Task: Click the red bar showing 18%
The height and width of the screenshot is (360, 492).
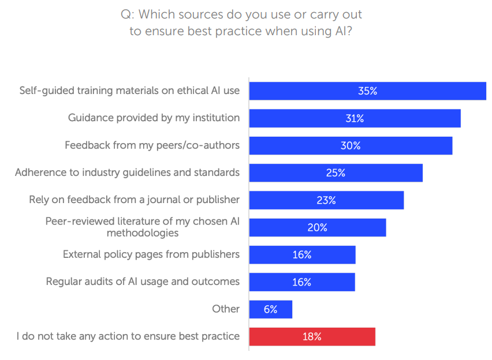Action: coord(312,337)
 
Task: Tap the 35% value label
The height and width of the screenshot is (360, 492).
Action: coord(367,91)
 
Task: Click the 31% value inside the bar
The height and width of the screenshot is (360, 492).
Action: coord(355,119)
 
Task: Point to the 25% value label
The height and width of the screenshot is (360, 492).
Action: coord(336,173)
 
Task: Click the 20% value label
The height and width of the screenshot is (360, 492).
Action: coord(317,228)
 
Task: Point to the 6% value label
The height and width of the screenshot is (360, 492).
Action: coord(270,309)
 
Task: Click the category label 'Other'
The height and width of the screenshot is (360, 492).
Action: coord(226,309)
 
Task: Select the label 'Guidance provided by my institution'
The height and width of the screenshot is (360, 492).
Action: coord(154,118)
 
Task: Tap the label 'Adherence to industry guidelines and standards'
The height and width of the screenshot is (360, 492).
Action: coord(127,172)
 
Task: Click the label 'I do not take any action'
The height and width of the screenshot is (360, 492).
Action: coord(128,336)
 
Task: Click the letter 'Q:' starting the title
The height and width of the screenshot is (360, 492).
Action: coord(127,14)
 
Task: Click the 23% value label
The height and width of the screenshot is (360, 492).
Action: coord(326,200)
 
